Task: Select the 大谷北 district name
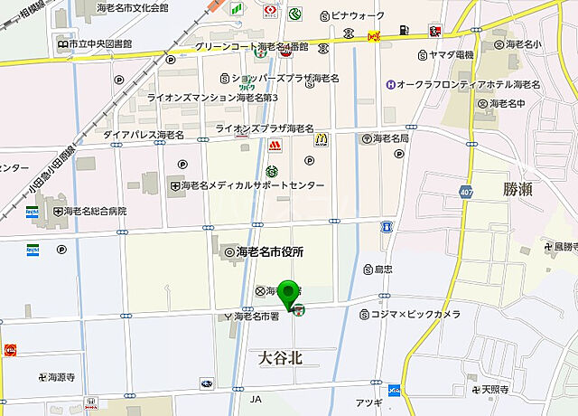[280, 358]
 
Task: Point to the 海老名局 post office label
[385, 138]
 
